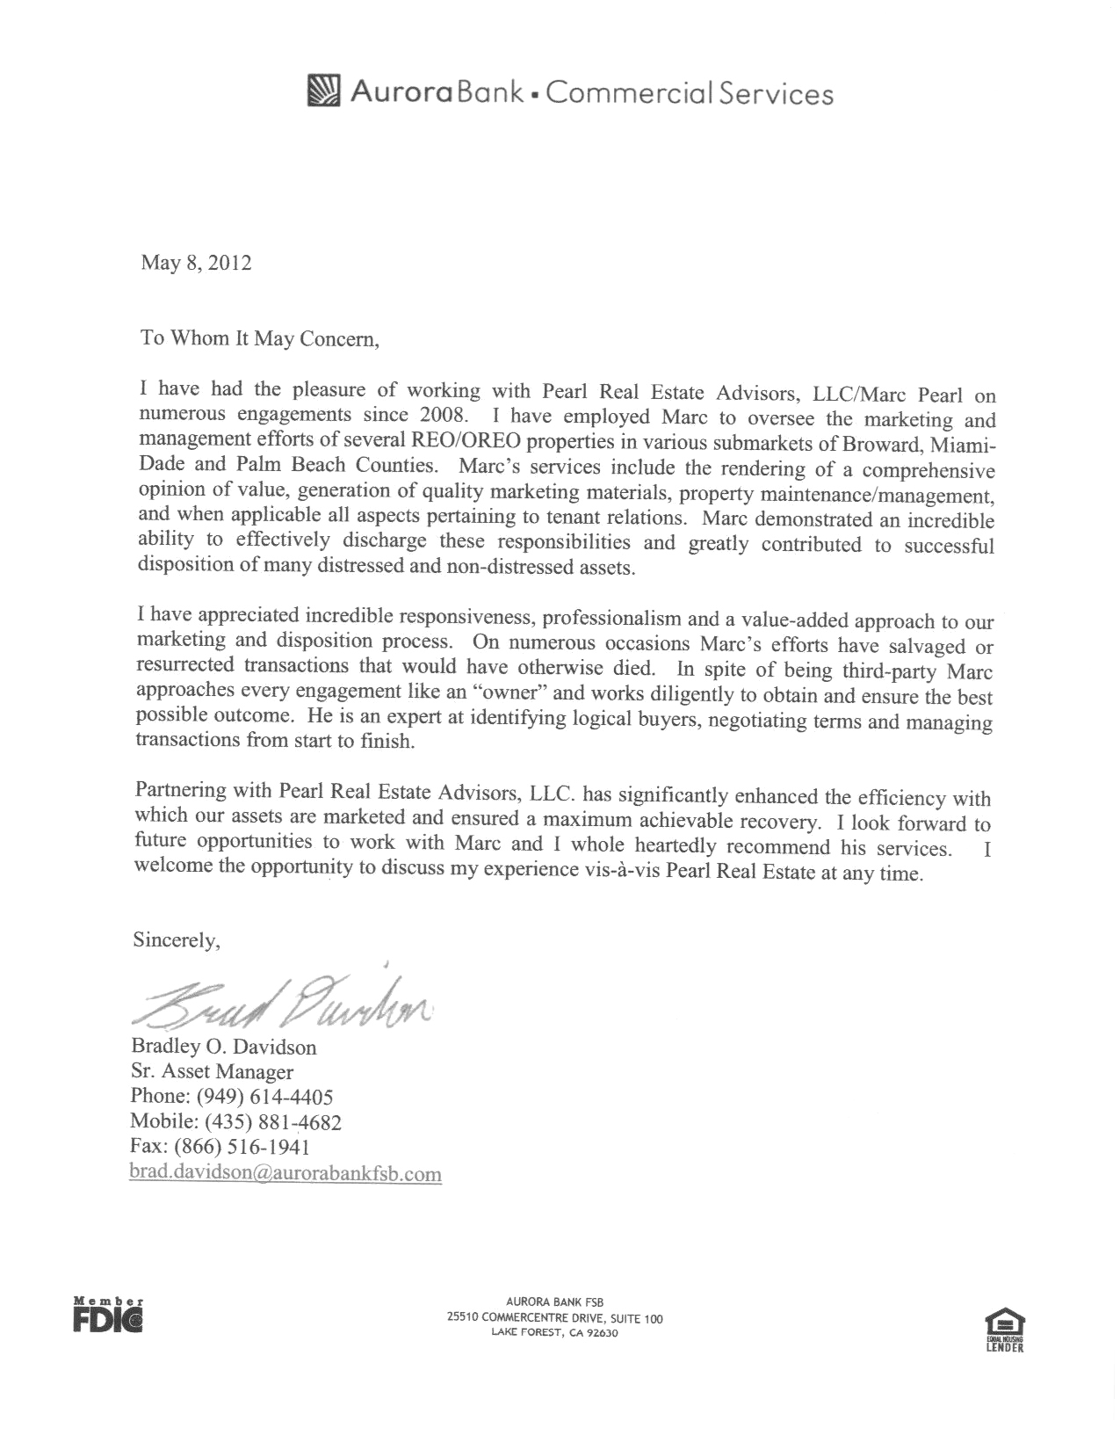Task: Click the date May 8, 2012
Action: pos(196,263)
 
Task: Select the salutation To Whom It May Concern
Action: pos(260,339)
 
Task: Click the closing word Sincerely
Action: pos(176,940)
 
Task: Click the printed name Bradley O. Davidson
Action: pos(224,1047)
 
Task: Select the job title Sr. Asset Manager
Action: pos(212,1072)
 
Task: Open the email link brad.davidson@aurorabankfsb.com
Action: pos(285,1173)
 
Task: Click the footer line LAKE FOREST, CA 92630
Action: pos(554,1332)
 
